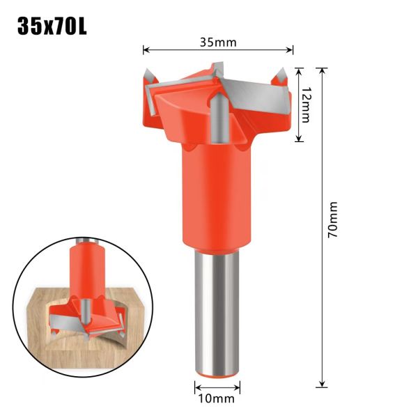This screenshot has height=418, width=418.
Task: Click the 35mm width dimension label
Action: click(217, 42)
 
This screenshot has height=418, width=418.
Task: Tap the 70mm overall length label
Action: click(332, 221)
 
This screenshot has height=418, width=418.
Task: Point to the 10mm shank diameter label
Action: click(217, 399)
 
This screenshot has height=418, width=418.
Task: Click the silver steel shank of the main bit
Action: click(217, 313)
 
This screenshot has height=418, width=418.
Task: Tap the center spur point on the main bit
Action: click(219, 115)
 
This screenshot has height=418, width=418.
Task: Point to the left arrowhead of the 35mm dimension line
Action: click(146, 49)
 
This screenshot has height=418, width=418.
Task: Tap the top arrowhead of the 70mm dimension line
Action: click(322, 70)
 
